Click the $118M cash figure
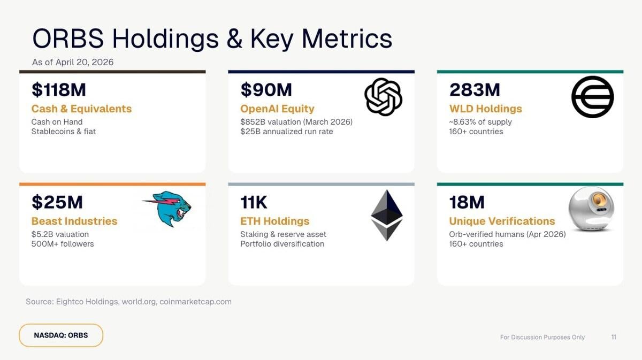click(58, 90)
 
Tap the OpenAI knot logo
click(383, 97)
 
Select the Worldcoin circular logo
click(592, 97)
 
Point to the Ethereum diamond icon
click(387, 215)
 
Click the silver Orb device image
click(591, 209)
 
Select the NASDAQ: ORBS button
click(61, 335)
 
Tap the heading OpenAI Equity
click(277, 109)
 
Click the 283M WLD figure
click(475, 90)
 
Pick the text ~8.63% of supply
click(480, 121)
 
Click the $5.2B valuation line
click(60, 234)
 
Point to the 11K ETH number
click(254, 202)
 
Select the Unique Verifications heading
click(502, 221)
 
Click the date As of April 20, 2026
click(73, 62)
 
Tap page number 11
click(614, 337)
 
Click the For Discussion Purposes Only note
click(542, 337)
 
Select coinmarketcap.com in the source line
click(195, 302)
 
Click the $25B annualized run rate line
click(286, 131)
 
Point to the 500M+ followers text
click(63, 243)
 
